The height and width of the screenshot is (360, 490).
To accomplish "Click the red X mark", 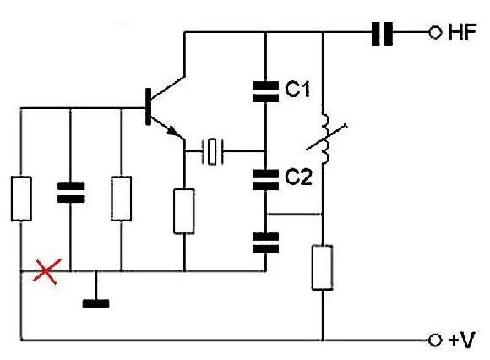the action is tap(46, 271).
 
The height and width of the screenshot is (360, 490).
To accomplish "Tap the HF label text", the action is tap(462, 32).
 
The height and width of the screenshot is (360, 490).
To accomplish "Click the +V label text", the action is tap(461, 340).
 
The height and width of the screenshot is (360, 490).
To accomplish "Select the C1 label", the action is tap(297, 89).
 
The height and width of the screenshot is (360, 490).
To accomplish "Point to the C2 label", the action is tap(298, 177).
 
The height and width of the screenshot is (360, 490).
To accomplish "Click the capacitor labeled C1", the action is tap(265, 91).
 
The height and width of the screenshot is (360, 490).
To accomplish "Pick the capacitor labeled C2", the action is tap(265, 180).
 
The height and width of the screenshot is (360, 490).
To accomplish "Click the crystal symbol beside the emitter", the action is tap(213, 151).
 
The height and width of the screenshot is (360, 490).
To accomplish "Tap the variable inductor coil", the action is tap(325, 138).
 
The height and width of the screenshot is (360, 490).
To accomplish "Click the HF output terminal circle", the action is tap(435, 32).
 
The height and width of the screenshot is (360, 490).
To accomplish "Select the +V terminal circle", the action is tap(435, 340).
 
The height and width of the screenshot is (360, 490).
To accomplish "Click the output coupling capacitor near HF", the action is tap(382, 34).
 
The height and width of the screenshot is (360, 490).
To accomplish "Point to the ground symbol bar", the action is tap(96, 303).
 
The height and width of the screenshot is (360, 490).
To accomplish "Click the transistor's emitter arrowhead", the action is tap(172, 131).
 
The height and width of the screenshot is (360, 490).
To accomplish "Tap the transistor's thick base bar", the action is tap(148, 106).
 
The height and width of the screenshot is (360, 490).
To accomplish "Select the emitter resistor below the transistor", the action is tap(184, 211).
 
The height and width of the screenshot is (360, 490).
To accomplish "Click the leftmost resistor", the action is tap(21, 199).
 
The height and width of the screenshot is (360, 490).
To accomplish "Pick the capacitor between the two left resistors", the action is tap(71, 193).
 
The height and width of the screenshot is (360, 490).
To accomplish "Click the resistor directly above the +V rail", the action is tap(322, 268).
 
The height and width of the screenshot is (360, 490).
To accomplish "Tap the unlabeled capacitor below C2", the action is tap(265, 243).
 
